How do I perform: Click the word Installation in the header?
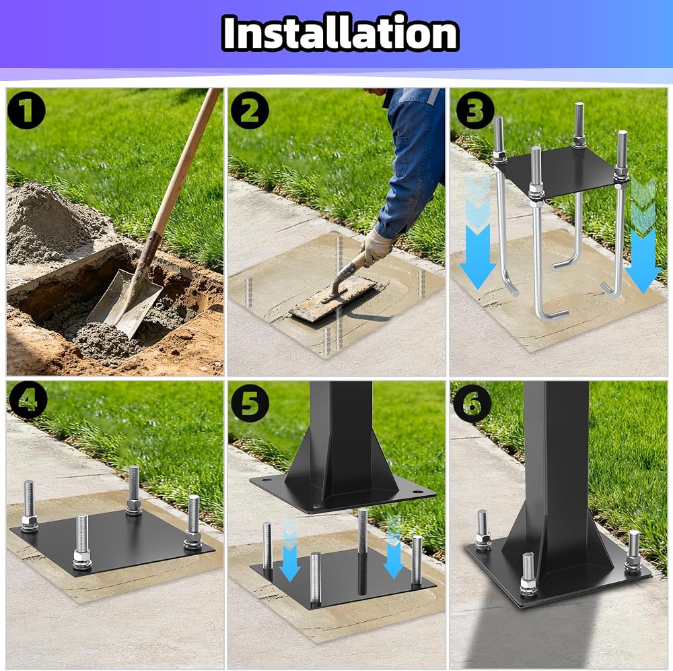[x=341, y=33]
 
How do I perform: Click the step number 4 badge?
[x=27, y=402]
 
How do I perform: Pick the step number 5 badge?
[x=250, y=402]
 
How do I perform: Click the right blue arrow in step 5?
[x=393, y=547]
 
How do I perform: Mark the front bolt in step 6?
[x=528, y=575]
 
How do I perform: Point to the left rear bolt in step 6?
[x=483, y=530]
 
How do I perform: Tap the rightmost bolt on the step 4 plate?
[x=192, y=522]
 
